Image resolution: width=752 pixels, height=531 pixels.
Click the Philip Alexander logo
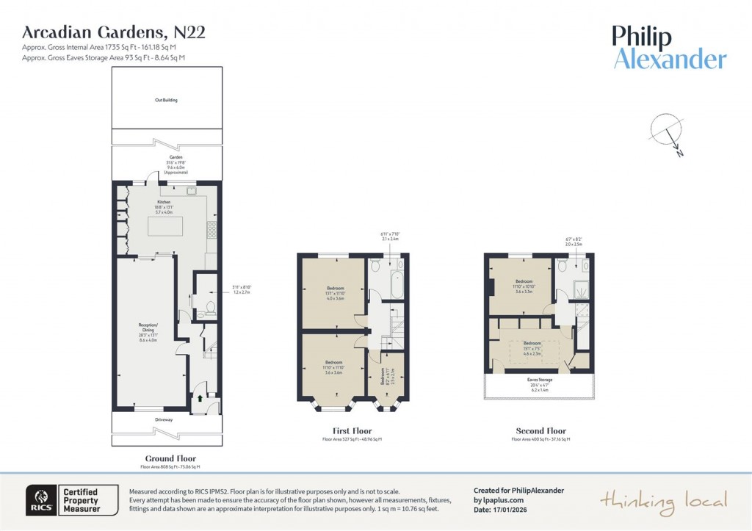coord(669,48)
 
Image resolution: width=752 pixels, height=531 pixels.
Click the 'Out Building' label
coord(167,100)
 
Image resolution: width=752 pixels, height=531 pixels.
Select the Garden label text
coord(167,157)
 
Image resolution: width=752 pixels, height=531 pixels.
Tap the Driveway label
coord(164,420)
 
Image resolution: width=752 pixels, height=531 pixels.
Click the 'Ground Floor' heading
coord(170,458)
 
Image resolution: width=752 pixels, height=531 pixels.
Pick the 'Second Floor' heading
coord(540,431)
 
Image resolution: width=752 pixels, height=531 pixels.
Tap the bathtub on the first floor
coord(397,284)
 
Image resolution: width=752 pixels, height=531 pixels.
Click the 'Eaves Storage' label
coord(540,380)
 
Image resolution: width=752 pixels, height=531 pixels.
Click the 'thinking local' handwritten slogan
coord(664,501)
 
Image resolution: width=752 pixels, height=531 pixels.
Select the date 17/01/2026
coord(513,509)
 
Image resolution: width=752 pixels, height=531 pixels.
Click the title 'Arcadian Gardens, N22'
coord(114,32)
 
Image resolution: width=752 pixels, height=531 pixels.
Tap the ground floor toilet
coord(211,307)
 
